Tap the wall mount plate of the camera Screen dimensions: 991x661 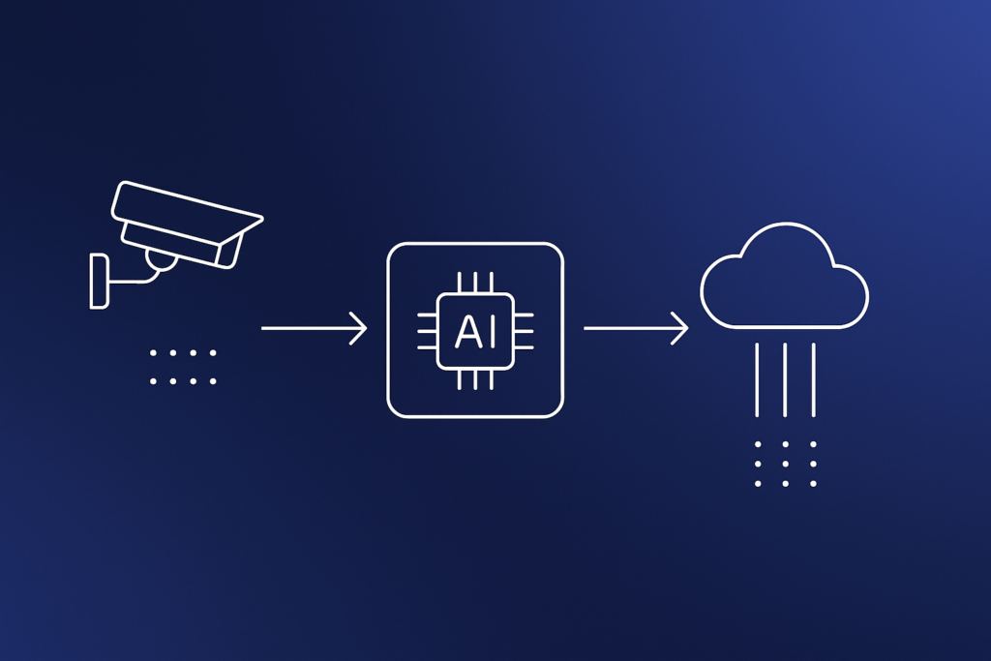pyautogui.click(x=100, y=282)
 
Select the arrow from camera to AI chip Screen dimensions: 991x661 pyautogui.click(x=315, y=329)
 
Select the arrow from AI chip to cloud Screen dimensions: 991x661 pyautogui.click(x=636, y=329)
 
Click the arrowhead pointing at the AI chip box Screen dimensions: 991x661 pyautogui.click(x=359, y=329)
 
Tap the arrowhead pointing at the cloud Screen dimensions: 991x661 pyautogui.click(x=680, y=329)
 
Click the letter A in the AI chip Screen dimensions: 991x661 pyautogui.click(x=467, y=332)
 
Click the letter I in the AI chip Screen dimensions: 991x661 pyautogui.click(x=492, y=332)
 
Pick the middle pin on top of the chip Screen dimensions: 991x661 pyautogui.click(x=475, y=283)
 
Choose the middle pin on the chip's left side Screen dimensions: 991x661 pyautogui.click(x=427, y=331)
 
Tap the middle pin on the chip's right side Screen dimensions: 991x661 pyautogui.click(x=524, y=331)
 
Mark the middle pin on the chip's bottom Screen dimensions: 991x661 pyautogui.click(x=475, y=379)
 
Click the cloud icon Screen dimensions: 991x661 pyautogui.click(x=784, y=276)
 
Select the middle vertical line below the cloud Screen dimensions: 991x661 pyautogui.click(x=785, y=379)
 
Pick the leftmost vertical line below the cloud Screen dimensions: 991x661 pyautogui.click(x=757, y=379)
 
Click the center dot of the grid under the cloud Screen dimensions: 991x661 pyautogui.click(x=785, y=464)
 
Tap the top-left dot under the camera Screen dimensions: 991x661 pyautogui.click(x=153, y=353)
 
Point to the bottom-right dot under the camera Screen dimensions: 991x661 pyautogui.click(x=213, y=381)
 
